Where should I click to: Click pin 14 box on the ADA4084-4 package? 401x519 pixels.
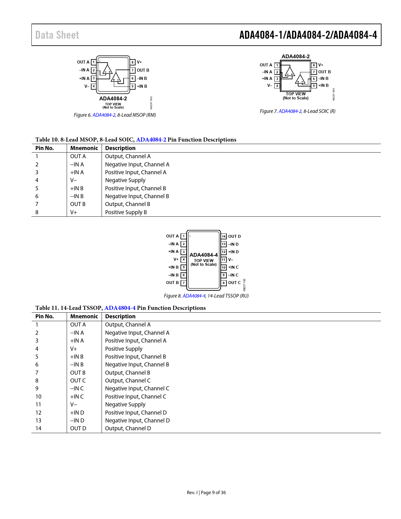(224, 236)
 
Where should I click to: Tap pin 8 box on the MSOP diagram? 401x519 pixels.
(133, 62)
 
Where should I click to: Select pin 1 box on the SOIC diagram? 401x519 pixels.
(277, 65)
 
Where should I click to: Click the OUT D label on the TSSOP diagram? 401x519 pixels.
(234, 236)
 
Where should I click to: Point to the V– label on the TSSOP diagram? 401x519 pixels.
(231, 260)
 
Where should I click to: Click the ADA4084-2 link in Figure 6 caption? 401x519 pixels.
(104, 115)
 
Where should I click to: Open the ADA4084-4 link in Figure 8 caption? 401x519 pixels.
(194, 296)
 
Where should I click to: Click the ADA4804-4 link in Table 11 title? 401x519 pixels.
(120, 308)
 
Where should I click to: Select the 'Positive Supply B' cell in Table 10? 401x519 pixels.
(126, 212)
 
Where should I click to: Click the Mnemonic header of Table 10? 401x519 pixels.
(84, 148)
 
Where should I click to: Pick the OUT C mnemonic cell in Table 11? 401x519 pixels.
(78, 381)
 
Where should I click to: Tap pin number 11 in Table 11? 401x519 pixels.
(38, 405)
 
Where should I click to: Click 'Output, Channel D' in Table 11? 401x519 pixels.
(128, 428)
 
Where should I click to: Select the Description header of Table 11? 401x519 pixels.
(120, 316)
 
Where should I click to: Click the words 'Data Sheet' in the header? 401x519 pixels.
(57, 35)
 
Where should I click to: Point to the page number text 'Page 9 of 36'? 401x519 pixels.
(213, 493)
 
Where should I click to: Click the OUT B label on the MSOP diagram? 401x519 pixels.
(143, 70)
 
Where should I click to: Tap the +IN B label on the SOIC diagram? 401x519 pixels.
(323, 86)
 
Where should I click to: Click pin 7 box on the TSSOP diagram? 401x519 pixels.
(184, 283)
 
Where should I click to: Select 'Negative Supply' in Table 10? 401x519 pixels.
(125, 180)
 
